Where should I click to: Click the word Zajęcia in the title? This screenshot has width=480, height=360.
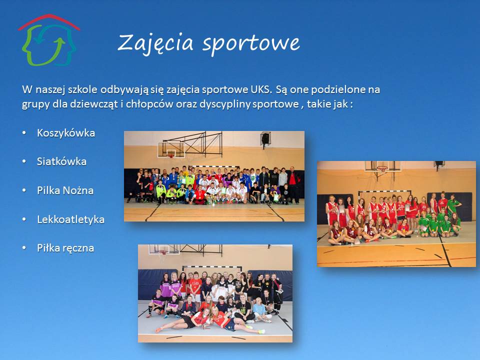[x=155, y=43]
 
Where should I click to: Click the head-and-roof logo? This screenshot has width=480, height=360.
[x=49, y=40]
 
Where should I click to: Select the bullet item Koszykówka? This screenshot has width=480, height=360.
[x=66, y=133]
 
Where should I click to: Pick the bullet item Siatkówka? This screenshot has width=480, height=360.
[x=61, y=161]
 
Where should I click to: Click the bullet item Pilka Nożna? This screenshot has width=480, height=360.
[x=65, y=190]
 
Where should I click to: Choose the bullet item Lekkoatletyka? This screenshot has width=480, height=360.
[x=70, y=219]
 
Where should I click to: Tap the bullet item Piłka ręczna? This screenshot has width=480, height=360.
[x=65, y=248]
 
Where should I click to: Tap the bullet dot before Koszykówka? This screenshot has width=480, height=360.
[x=24, y=133]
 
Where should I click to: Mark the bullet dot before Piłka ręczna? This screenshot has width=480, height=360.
[x=24, y=248]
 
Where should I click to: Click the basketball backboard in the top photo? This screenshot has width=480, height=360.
[x=171, y=149]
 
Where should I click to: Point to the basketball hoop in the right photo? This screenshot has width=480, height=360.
[x=381, y=168]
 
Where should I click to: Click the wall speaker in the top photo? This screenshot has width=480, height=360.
[x=265, y=138]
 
